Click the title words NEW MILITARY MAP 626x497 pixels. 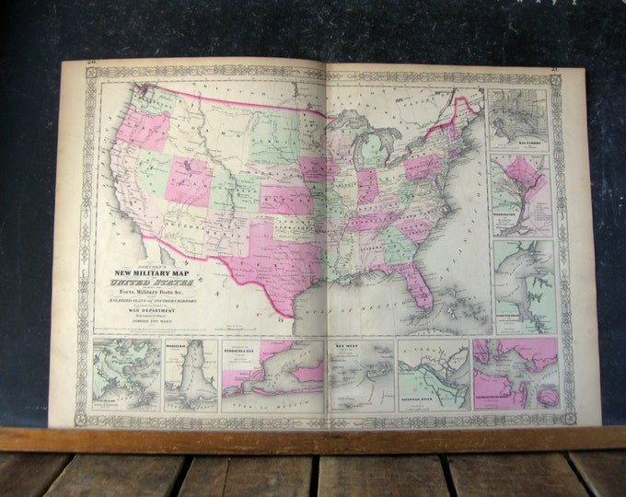pos(151,273)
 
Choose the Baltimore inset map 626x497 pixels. pos(520,120)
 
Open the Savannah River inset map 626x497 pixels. pos(434,375)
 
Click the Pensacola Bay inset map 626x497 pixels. pos(272,376)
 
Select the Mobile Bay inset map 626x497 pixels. pos(191,376)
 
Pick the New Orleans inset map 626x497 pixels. pos(127,376)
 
